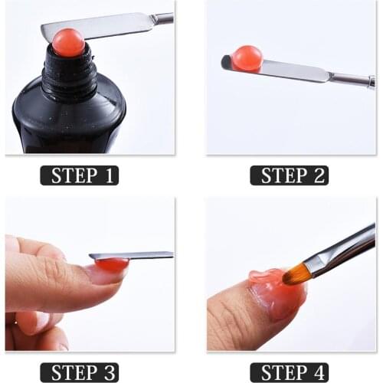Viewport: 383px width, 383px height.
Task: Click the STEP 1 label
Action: click(80, 175)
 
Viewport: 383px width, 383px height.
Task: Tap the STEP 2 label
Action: click(290, 175)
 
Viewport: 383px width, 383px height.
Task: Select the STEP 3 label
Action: click(80, 372)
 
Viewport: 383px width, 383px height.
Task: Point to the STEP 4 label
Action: click(290, 372)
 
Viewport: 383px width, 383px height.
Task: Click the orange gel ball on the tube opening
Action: click(68, 43)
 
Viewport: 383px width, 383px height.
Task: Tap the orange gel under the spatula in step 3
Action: click(111, 265)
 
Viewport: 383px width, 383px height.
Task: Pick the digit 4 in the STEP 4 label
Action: click(319, 372)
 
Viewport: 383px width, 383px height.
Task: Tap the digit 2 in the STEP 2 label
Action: click(319, 175)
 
